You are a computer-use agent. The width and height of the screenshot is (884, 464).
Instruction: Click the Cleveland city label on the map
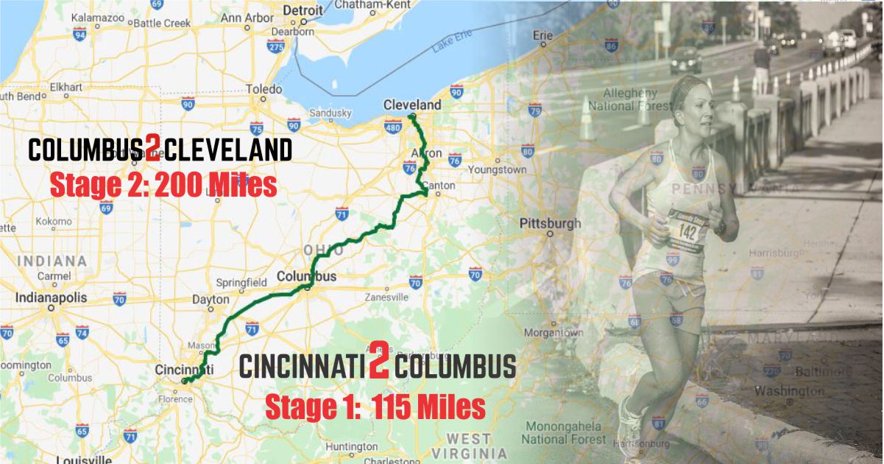412,105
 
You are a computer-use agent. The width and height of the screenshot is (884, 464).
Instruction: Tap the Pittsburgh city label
550,223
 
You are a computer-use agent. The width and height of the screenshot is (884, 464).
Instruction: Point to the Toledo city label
264,89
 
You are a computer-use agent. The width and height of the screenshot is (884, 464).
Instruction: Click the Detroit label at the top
303,10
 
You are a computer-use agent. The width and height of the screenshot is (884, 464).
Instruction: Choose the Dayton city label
211,300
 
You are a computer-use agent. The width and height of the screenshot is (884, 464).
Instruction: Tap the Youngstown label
498,169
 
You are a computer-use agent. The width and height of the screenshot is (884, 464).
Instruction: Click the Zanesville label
386,298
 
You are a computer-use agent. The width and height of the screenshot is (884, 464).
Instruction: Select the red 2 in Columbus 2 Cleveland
152,150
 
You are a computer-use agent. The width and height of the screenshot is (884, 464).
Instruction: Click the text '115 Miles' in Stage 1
428,407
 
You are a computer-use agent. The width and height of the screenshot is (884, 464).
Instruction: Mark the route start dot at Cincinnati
184,382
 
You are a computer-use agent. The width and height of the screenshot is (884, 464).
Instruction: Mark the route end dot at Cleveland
412,117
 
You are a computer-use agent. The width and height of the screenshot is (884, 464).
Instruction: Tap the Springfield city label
241,283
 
